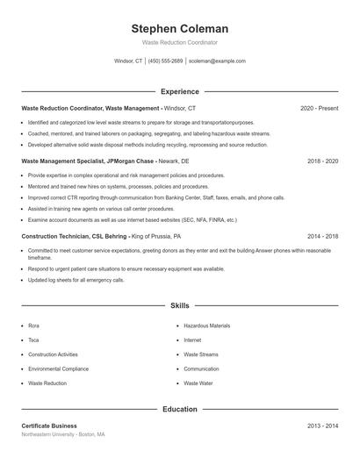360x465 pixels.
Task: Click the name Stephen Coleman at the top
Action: [179, 29]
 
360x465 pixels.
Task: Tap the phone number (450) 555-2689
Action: [165, 61]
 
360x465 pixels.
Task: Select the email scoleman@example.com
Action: [217, 61]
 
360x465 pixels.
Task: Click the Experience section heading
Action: [179, 91]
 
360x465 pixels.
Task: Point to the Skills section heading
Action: [179, 305]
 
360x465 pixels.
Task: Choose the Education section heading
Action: [179, 409]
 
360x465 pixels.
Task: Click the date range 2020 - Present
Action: [319, 108]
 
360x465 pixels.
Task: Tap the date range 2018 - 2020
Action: [322, 162]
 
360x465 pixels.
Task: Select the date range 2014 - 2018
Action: [322, 237]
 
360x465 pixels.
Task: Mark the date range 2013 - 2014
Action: [322, 426]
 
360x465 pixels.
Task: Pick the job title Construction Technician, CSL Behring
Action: [75, 237]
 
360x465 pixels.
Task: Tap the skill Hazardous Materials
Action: [207, 325]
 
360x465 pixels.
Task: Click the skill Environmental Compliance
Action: [58, 369]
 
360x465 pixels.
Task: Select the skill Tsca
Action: [33, 340]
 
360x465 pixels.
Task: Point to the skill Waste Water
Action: [198, 383]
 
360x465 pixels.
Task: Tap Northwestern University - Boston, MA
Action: [63, 434]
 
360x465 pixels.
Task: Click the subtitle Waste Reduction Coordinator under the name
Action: [179, 42]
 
